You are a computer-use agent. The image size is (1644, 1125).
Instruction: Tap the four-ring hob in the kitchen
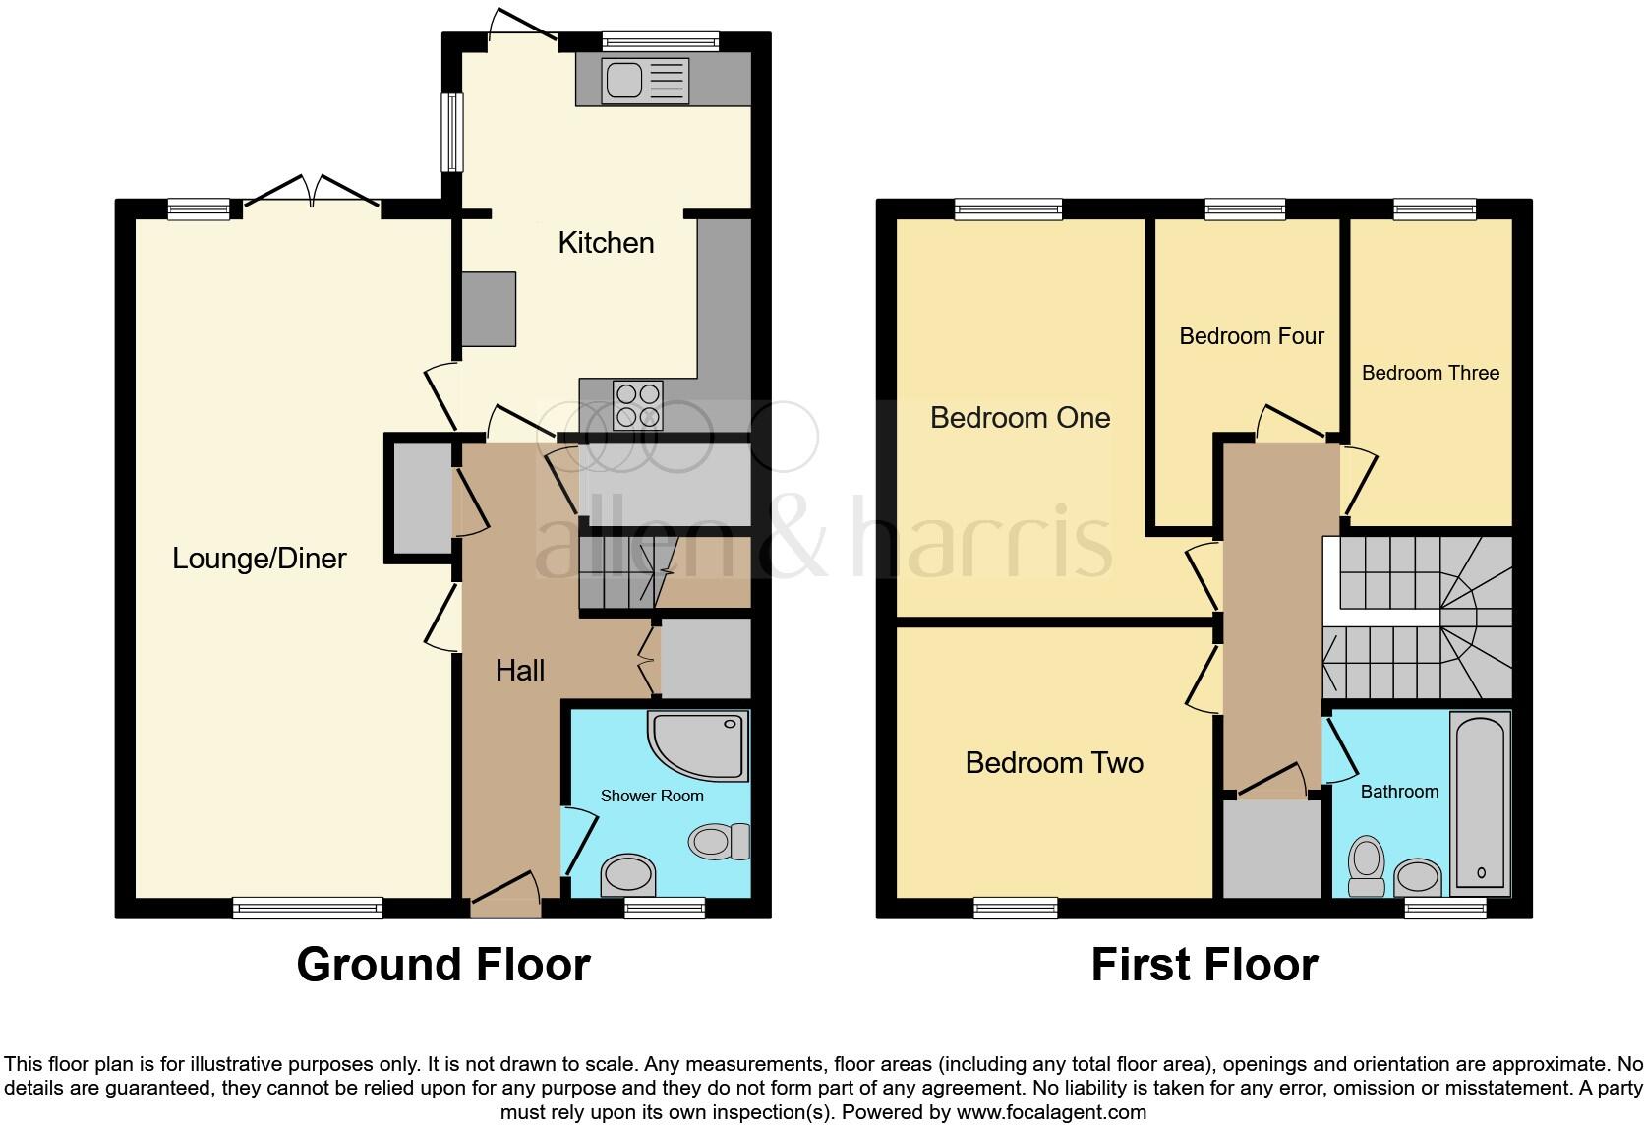coord(637,405)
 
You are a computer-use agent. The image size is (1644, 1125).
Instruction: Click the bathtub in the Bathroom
coord(1480,802)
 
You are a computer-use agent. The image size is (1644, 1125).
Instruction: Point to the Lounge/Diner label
coord(260,559)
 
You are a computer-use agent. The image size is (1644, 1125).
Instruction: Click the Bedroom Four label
coord(1251,336)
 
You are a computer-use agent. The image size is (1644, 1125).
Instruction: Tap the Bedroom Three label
coord(1430,373)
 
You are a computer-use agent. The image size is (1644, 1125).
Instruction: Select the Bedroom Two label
coord(1054,763)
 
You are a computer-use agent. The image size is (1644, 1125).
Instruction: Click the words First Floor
coord(1204,965)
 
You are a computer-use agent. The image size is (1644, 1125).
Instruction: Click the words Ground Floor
coord(443,965)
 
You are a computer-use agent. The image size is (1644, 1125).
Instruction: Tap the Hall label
coord(520,671)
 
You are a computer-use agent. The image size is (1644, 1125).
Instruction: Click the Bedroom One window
coord(1008,208)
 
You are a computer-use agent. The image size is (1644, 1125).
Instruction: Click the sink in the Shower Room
coord(628,872)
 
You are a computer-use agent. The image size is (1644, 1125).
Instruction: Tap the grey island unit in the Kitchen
coord(489,309)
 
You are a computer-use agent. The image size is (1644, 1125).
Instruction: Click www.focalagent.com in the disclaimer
coord(1053,1113)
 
